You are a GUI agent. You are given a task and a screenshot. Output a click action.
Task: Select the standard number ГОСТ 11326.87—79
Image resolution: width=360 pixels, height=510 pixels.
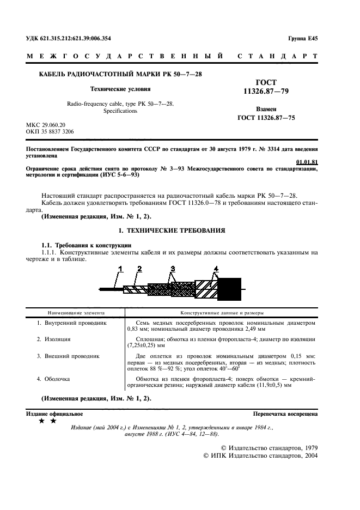(266, 87)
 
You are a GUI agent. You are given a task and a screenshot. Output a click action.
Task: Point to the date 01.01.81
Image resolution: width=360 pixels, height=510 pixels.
(307, 162)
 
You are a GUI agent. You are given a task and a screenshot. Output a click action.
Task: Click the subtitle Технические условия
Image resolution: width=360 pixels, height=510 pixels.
(120, 88)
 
